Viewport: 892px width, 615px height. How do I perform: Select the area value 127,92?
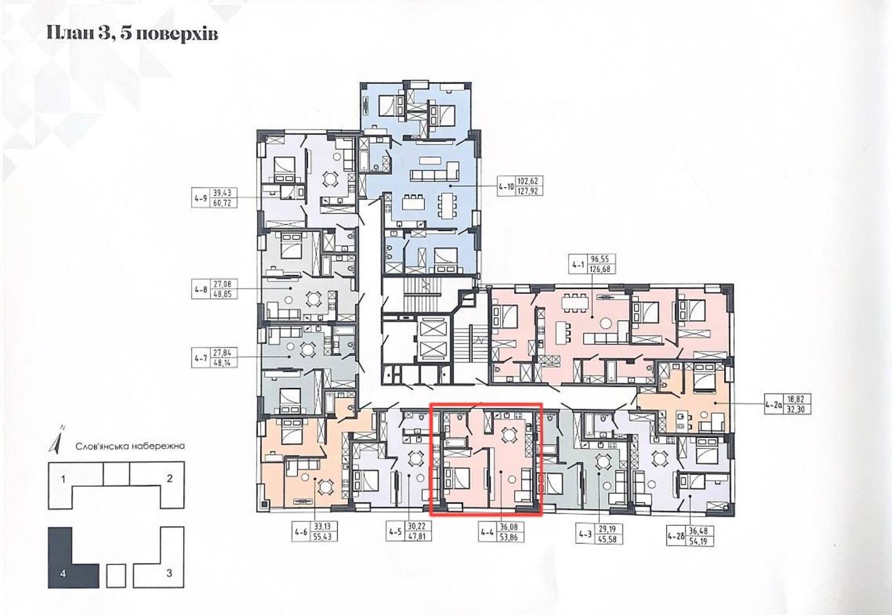(527, 191)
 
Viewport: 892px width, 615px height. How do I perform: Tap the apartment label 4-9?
(201, 198)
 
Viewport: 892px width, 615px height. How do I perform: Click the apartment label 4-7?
(201, 358)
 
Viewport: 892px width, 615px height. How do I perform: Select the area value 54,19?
(699, 541)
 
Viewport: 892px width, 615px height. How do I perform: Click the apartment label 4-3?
(585, 535)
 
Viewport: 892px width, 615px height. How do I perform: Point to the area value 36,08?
(510, 526)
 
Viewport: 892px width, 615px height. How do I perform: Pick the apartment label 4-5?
(395, 531)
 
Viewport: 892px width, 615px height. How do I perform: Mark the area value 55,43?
(323, 537)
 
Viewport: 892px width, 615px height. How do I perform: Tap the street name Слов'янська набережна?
(130, 446)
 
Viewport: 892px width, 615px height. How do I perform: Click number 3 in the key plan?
(169, 573)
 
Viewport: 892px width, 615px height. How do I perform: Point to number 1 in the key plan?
(64, 479)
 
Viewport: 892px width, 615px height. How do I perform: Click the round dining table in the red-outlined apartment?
(508, 435)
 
